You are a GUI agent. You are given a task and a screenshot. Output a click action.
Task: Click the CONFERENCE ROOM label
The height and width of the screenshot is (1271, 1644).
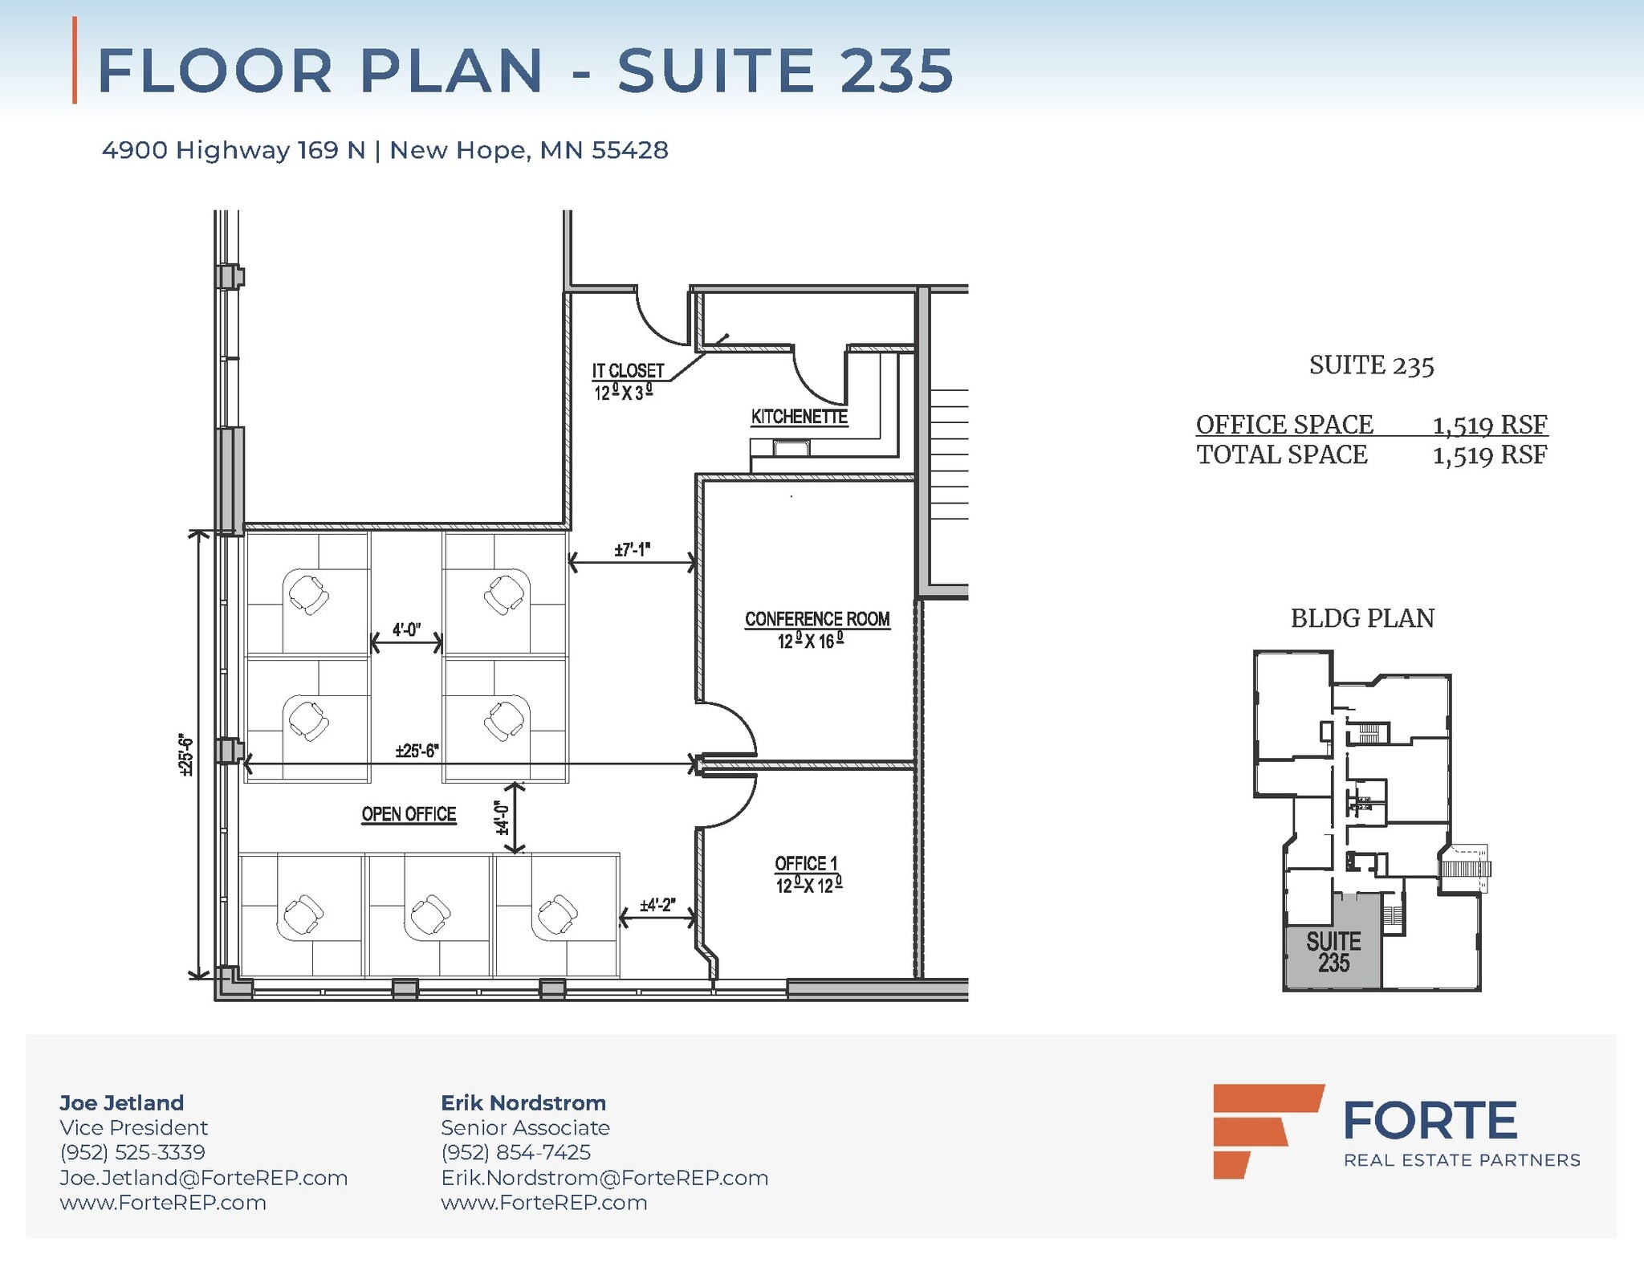[816, 619]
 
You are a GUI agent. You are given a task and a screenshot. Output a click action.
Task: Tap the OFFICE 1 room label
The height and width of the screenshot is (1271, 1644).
[806, 863]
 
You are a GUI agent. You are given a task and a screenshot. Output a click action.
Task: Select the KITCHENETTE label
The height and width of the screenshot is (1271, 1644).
[799, 417]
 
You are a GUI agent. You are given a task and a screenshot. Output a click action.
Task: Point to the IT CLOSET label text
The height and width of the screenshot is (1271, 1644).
[628, 371]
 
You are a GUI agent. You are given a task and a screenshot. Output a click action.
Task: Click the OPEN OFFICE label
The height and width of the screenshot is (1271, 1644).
[409, 814]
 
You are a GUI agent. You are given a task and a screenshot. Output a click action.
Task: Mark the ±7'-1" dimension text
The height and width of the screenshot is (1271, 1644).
[632, 550]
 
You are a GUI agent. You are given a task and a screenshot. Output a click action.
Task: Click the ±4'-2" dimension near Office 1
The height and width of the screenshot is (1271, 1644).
[657, 905]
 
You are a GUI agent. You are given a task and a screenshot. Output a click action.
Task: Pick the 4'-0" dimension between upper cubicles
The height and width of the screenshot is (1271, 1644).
[406, 629]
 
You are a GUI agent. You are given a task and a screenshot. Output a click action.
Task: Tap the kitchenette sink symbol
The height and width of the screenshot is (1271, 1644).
[791, 448]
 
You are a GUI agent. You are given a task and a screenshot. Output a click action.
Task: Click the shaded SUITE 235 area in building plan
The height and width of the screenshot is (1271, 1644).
[1333, 952]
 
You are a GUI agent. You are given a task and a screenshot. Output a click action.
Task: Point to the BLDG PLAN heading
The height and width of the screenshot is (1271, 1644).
[1362, 618]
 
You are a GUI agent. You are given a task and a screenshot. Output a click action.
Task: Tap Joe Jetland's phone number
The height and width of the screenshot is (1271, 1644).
[132, 1152]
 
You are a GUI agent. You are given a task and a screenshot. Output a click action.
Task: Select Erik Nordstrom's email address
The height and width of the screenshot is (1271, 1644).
[604, 1178]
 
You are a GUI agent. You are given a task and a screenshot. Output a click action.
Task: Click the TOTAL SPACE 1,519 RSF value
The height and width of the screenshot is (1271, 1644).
[1489, 455]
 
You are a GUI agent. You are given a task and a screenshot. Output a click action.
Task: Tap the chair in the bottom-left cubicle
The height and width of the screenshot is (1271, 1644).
[303, 914]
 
